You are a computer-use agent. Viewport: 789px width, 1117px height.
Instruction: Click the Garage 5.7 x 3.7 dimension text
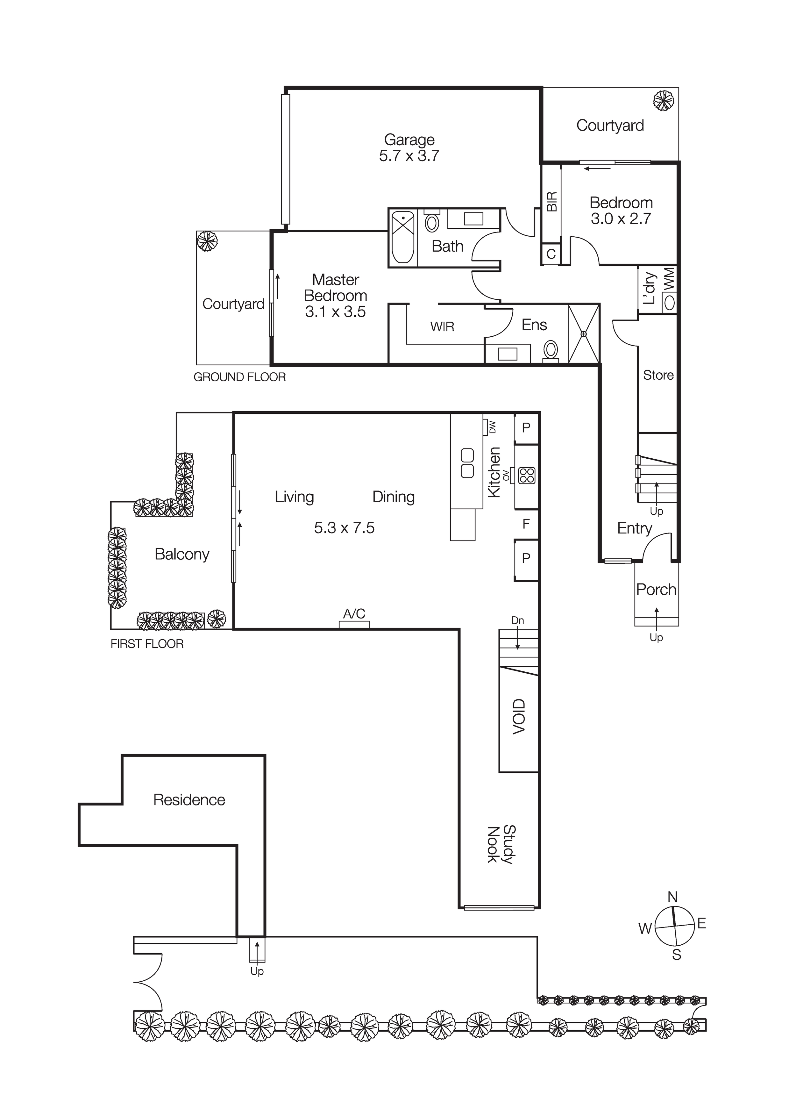tap(409, 156)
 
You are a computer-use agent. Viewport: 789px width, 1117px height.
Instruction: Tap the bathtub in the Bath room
tap(403, 237)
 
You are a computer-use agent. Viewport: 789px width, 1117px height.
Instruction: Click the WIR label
tap(442, 326)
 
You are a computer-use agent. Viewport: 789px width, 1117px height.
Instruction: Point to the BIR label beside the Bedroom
tap(551, 201)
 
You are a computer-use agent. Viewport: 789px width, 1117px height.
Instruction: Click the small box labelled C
tap(551, 254)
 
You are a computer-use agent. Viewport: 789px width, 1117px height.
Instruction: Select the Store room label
tap(658, 375)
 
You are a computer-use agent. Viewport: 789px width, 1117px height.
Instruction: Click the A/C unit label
tap(354, 614)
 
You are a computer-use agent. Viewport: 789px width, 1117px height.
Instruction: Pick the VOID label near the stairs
tap(519, 717)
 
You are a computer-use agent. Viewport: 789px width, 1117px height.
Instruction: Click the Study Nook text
tap(501, 845)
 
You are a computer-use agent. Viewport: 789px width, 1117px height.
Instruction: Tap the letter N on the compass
tap(673, 897)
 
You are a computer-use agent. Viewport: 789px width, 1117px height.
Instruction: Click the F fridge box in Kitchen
tap(526, 524)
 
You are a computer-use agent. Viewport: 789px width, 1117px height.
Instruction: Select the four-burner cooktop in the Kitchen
tap(527, 475)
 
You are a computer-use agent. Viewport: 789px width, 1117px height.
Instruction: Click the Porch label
tap(656, 590)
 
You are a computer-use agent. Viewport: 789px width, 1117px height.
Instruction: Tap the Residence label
tap(189, 800)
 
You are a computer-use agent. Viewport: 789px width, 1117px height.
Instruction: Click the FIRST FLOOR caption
tap(147, 644)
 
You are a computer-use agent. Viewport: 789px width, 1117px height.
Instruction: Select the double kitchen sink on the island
tap(467, 463)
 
